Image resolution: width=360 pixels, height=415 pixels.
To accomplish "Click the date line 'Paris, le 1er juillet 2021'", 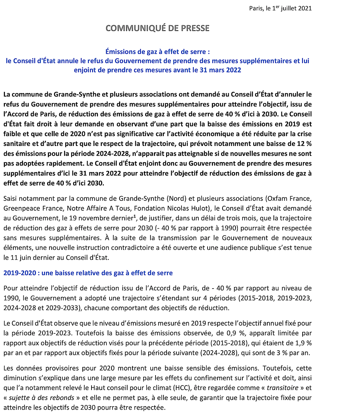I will point(280,8).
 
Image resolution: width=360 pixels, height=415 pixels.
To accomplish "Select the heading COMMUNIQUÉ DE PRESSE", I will point(157,28).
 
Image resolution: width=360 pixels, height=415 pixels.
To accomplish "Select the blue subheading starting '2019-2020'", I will point(88,273).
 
